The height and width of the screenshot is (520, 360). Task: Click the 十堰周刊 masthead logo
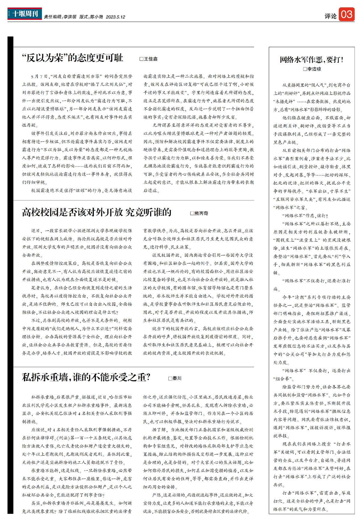(x=25, y=14)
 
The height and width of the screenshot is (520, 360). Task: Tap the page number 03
(x=346, y=14)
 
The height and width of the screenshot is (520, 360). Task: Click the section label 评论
(x=330, y=16)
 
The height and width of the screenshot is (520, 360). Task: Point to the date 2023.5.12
(x=115, y=17)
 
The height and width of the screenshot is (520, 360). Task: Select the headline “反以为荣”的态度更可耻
(x=73, y=58)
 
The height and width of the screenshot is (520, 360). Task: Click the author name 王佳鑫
(x=151, y=59)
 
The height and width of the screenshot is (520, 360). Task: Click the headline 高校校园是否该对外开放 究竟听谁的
(x=97, y=212)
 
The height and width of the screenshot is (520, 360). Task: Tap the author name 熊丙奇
(x=201, y=213)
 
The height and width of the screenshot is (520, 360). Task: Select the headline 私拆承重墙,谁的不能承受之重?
(x=86, y=377)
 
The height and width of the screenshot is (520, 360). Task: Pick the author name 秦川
(x=177, y=379)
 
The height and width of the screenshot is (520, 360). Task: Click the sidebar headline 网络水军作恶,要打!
(x=311, y=59)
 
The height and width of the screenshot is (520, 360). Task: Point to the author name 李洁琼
(x=314, y=69)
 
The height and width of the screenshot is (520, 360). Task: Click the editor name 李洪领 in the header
(x=70, y=17)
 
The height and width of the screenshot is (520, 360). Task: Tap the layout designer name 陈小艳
(x=96, y=17)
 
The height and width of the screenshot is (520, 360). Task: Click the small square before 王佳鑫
(x=141, y=59)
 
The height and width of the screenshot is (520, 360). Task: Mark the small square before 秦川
(x=170, y=379)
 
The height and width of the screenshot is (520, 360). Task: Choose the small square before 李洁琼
(x=305, y=69)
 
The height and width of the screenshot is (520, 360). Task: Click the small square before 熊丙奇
(x=192, y=213)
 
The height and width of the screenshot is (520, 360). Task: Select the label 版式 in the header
(x=84, y=17)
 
